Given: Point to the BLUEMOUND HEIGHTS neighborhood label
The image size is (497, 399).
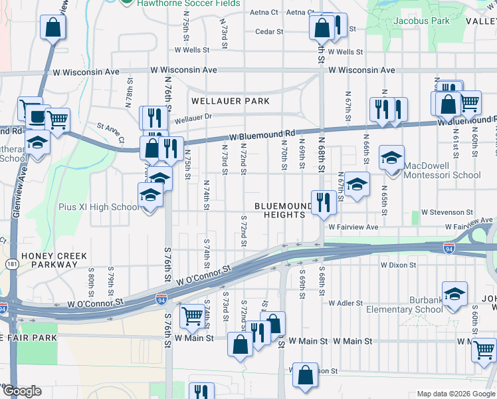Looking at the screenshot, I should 288,210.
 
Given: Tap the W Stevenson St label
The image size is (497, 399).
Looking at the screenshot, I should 450,212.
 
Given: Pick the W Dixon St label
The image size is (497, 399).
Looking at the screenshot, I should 399,265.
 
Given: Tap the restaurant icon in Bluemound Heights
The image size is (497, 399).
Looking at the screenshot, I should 323,201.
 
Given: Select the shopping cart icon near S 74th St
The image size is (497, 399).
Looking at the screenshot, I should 193,315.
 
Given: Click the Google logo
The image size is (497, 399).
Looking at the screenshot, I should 21,391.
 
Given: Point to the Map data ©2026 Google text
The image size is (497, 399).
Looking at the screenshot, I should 455,393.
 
